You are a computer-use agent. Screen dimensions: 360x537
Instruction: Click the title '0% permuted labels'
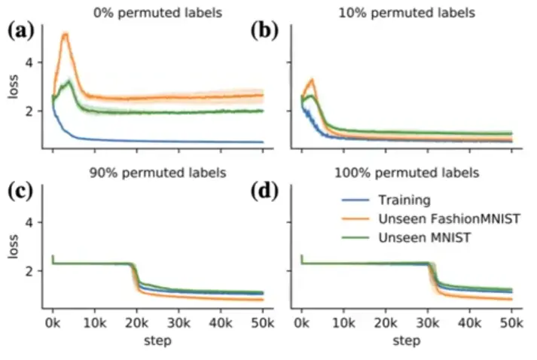tap(157, 13)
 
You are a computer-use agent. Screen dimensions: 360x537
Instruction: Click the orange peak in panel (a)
tap(66, 34)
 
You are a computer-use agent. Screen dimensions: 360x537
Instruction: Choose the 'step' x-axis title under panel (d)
tap(406, 341)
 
